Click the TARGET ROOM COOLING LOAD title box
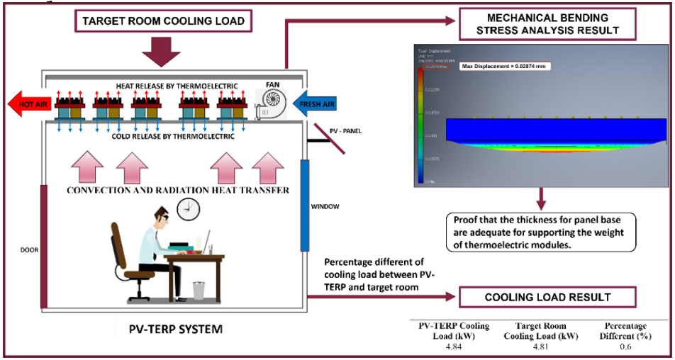[x=163, y=21]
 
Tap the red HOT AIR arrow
[x=28, y=105]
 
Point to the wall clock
[x=188, y=207]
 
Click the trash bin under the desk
[x=199, y=288]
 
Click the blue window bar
[x=305, y=206]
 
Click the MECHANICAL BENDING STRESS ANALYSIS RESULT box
[x=547, y=23]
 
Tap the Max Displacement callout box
[x=505, y=66]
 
